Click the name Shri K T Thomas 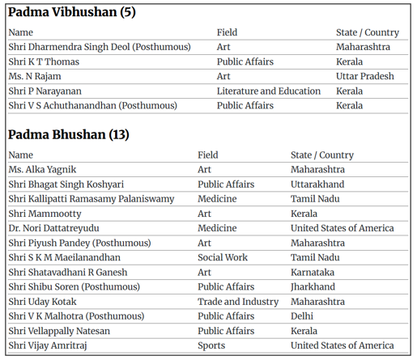click(43, 61)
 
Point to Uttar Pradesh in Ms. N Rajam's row click(365, 76)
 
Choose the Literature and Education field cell click(269, 91)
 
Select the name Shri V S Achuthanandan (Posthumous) click(92, 105)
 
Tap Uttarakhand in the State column click(317, 184)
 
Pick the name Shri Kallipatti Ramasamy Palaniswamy click(91, 199)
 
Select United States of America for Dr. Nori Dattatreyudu click(343, 228)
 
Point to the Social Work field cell click(223, 257)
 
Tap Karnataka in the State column click(313, 273)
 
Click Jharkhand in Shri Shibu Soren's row click(313, 287)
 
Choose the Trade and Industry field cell click(238, 302)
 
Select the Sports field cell click(211, 345)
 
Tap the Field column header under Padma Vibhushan click(227, 32)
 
